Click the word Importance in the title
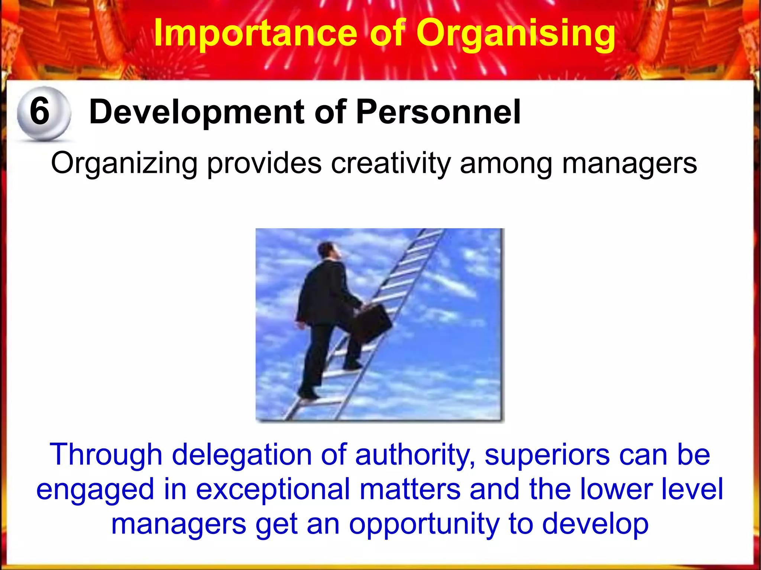tap(256, 33)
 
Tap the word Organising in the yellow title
tap(515, 33)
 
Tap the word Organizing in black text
tap(124, 163)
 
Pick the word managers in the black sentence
tap(629, 163)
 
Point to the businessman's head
tap(328, 251)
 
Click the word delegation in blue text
tap(242, 455)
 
